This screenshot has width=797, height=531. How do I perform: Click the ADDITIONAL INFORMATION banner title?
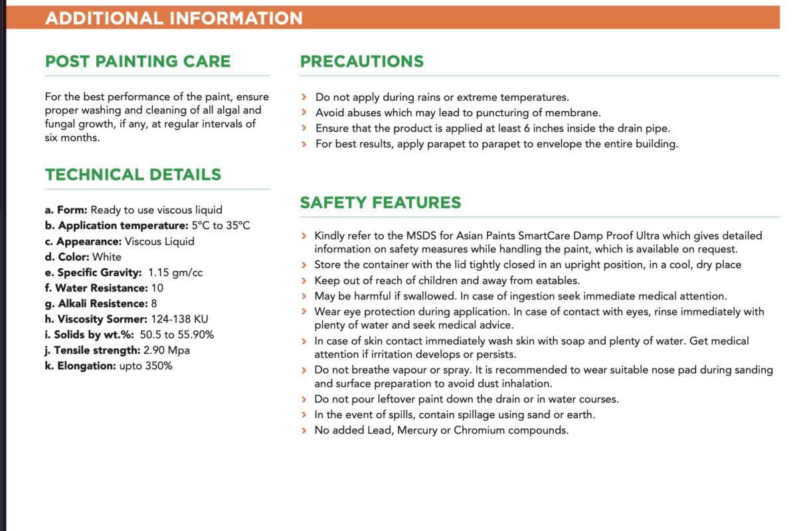(173, 18)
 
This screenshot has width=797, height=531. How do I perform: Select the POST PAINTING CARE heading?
(137, 62)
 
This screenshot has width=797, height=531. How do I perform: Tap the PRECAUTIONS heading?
(361, 62)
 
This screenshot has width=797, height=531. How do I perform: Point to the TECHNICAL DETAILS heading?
(133, 175)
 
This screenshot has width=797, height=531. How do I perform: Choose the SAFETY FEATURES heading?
(380, 202)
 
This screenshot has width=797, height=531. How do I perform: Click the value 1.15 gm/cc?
(176, 273)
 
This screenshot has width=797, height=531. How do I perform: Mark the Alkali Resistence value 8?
(153, 304)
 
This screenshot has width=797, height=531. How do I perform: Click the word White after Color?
(107, 257)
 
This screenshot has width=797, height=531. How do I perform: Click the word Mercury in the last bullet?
(422, 430)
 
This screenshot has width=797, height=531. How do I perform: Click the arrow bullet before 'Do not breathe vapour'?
(304, 370)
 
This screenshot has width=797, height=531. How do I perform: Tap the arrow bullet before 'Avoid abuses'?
(304, 113)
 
